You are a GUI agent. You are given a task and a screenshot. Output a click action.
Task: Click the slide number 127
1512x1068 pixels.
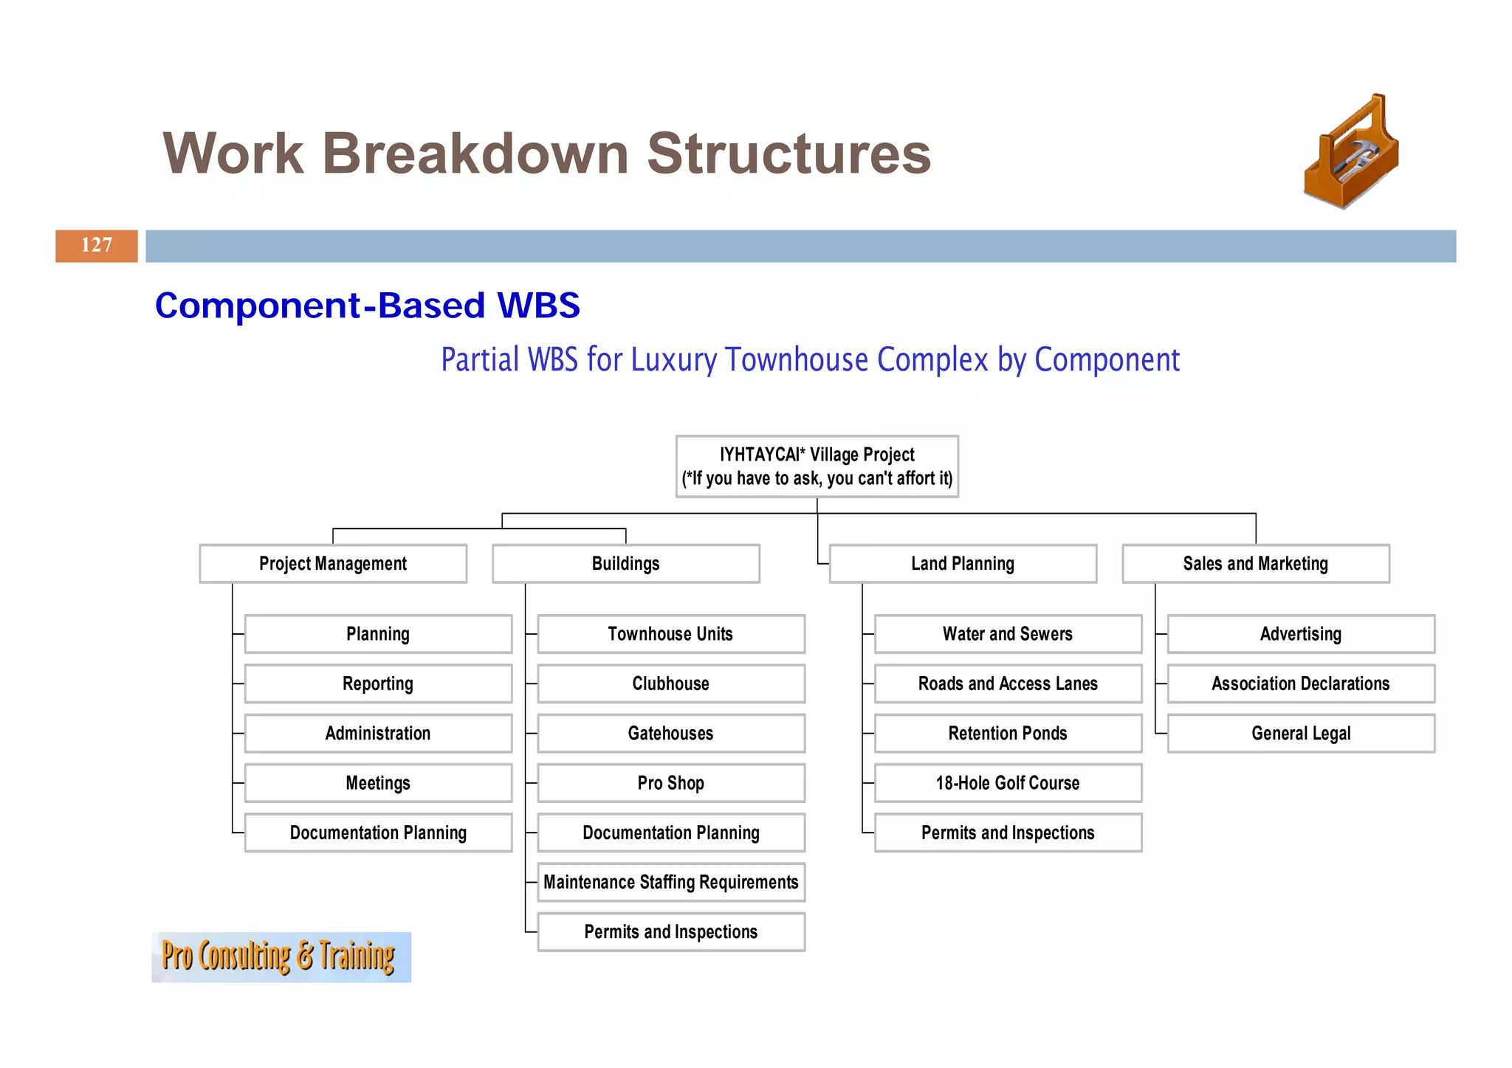click(x=96, y=245)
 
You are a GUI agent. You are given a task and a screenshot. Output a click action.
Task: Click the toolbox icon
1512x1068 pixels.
click(x=1351, y=153)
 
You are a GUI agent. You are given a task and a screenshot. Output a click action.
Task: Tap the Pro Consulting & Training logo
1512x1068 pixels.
click(x=281, y=957)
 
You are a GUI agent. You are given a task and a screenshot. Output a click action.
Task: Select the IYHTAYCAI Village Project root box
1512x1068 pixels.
click(x=817, y=466)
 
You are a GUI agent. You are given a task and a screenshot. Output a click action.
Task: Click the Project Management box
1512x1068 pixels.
click(x=333, y=564)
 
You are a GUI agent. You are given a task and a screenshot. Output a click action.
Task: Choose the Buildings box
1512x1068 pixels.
click(x=625, y=564)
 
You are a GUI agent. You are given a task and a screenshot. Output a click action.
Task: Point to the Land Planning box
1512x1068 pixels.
click(x=963, y=564)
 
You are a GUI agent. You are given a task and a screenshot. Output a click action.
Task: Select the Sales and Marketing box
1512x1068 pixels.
click(x=1255, y=564)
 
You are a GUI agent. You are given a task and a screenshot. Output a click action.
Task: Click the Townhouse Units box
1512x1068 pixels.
click(x=670, y=634)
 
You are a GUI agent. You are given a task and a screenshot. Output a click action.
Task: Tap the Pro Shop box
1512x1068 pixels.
click(x=670, y=783)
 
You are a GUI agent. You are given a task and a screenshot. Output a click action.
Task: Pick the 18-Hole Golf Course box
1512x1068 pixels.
click(x=1008, y=783)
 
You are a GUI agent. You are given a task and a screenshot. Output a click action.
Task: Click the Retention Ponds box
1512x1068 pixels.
click(x=1008, y=734)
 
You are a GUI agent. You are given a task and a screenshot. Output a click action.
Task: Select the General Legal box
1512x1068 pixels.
click(x=1301, y=734)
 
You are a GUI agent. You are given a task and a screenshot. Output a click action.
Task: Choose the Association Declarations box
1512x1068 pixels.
click(x=1301, y=683)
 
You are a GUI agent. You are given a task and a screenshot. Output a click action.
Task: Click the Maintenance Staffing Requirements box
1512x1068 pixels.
click(x=670, y=882)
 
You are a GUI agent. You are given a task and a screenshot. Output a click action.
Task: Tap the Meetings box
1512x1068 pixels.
click(x=378, y=783)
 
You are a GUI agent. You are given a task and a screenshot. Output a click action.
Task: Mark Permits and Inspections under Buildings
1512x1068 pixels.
click(x=670, y=932)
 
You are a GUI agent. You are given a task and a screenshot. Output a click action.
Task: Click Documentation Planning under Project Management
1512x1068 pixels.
click(x=378, y=833)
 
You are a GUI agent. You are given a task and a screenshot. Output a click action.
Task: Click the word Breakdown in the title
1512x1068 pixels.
click(x=475, y=154)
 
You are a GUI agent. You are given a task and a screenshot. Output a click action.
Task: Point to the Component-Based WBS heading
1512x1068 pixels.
click(x=367, y=306)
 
